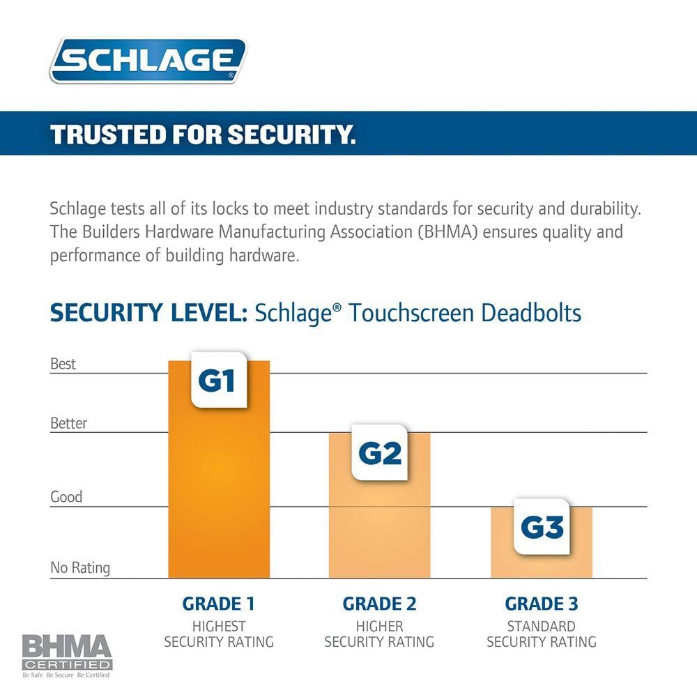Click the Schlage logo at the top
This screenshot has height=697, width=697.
(148, 61)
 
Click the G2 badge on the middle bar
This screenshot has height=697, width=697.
(380, 453)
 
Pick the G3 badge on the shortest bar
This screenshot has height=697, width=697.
(542, 527)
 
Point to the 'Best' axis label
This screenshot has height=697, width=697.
(63, 364)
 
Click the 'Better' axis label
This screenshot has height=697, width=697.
(69, 423)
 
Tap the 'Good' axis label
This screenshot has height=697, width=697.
(66, 497)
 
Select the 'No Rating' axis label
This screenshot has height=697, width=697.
(80, 568)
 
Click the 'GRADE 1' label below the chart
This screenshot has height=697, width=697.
(218, 604)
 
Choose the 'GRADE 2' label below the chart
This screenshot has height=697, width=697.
(379, 604)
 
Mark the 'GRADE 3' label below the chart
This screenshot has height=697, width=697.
(542, 604)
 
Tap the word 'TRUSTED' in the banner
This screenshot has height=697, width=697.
(99, 135)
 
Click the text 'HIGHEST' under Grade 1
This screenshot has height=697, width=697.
(219, 626)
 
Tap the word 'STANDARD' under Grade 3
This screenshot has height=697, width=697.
(542, 626)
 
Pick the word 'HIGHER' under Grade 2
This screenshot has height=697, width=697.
(380, 626)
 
